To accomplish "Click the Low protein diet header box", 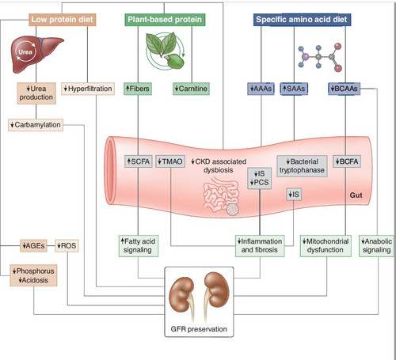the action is [x=63, y=20].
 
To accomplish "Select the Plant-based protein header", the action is [x=165, y=20].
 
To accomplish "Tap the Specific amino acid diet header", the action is [x=302, y=20].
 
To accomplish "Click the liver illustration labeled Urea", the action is [x=36, y=54].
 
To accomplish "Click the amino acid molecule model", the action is [x=320, y=57].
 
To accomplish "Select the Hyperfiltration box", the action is [x=88, y=89].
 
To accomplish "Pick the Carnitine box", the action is [x=191, y=89].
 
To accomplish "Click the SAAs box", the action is [x=294, y=89].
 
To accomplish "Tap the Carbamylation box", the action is [x=36, y=125].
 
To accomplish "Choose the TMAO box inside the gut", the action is [x=170, y=161].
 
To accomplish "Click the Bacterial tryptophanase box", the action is [x=302, y=166].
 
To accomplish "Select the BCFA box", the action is [x=347, y=161].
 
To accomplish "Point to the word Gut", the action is [x=356, y=195].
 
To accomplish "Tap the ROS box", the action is [x=67, y=246].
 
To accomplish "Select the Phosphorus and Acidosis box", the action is [x=33, y=275].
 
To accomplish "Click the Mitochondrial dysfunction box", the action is [x=326, y=246].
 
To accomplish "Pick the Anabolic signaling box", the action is [x=376, y=246].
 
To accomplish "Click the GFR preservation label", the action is [x=199, y=329].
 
